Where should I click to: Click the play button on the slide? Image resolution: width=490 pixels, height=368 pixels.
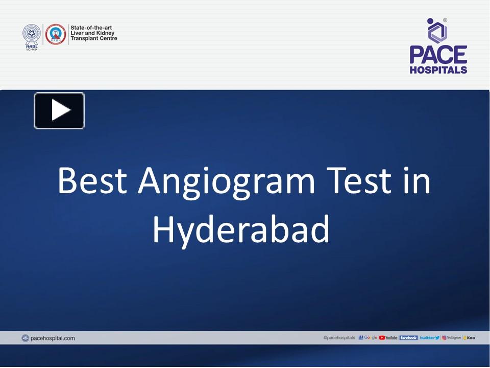point(59,110)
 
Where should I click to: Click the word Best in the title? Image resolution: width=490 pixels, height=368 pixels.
point(92,181)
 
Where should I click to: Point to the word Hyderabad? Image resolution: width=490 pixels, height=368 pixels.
point(241,229)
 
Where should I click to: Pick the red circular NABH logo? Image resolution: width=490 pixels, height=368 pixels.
point(56,34)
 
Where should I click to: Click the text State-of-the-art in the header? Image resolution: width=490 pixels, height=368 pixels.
point(92,28)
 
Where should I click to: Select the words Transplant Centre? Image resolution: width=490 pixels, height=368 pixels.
point(94,39)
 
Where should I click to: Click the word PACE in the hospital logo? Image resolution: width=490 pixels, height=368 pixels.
point(438,55)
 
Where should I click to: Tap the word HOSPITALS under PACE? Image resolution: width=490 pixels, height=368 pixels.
point(438,70)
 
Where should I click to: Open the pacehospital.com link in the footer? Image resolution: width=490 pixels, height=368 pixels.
point(53,338)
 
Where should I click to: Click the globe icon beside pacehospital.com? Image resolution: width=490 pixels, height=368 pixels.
point(26,338)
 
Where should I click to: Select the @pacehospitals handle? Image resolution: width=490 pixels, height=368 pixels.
point(339,338)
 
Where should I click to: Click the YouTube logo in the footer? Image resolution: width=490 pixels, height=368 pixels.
point(388,338)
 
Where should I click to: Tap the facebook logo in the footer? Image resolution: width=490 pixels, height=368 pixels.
point(408,338)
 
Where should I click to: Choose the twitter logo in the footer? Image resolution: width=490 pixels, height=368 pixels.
point(429,338)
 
